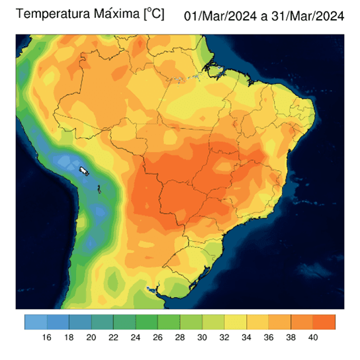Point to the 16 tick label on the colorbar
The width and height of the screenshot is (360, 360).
(x=47, y=337)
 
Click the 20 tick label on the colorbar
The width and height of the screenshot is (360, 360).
(x=91, y=337)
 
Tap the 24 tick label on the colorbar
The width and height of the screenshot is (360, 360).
(x=136, y=337)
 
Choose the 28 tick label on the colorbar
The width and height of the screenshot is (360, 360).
(x=180, y=337)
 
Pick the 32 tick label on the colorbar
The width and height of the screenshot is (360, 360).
(x=224, y=337)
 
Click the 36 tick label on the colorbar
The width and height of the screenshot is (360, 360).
(x=269, y=337)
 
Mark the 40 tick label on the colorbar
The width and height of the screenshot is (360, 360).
(x=313, y=337)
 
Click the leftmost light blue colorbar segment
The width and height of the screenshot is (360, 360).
(x=36, y=322)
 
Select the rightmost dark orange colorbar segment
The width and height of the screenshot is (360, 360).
(x=324, y=322)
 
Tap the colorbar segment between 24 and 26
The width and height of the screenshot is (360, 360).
(x=147, y=322)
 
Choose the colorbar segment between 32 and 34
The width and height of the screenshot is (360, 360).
(x=236, y=322)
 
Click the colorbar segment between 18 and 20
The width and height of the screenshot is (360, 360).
(x=80, y=322)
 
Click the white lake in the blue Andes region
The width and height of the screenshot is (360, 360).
(x=84, y=171)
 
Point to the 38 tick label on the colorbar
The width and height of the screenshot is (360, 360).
(x=291, y=337)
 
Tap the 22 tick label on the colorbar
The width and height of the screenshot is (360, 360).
(x=114, y=337)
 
